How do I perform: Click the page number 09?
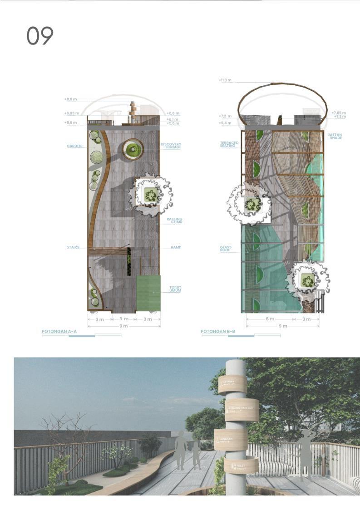click(40, 36)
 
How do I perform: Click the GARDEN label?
click(74, 146)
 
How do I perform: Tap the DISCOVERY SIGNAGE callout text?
click(171, 146)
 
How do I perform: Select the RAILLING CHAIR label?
click(174, 220)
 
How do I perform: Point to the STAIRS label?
click(73, 247)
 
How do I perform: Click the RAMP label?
click(176, 247)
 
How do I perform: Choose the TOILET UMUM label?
click(175, 289)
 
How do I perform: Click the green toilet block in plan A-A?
click(148, 293)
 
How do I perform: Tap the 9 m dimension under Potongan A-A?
click(123, 326)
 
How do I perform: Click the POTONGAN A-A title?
click(59, 332)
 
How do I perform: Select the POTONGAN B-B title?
click(218, 332)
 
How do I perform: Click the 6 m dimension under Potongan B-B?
click(270, 319)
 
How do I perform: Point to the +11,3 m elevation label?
click(225, 80)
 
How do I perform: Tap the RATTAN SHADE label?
click(335, 136)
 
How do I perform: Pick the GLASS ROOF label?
click(226, 249)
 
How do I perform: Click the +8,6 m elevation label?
click(71, 98)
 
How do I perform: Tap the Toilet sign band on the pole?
click(241, 465)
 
